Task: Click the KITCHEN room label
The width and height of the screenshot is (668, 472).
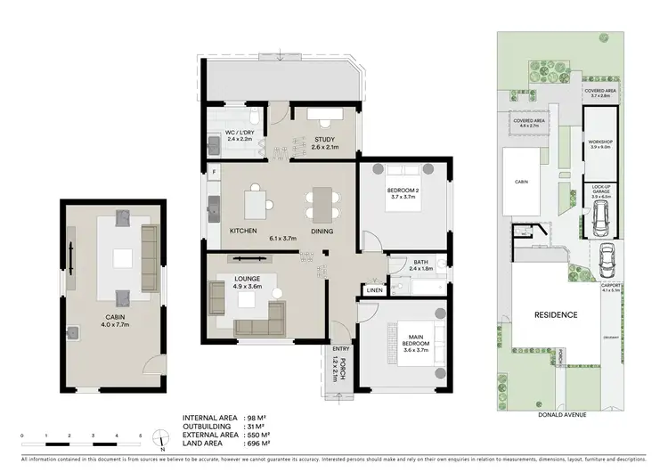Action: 243,230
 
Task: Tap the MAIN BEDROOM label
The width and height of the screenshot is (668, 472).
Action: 414,339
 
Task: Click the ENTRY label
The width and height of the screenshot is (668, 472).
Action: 340,349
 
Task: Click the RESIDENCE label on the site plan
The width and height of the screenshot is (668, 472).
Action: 556,314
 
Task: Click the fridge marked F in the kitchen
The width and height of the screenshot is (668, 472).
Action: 213,171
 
